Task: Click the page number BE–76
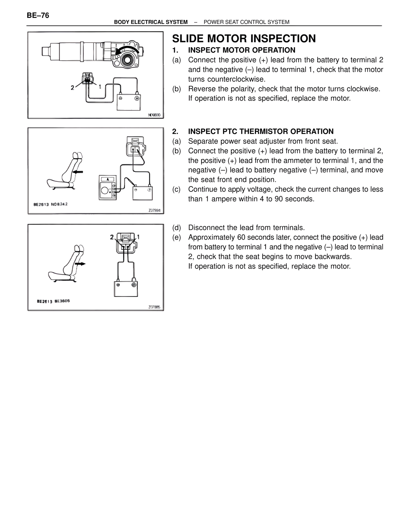(x=38, y=15)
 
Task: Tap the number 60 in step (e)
(x=242, y=237)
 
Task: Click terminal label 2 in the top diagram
(x=73, y=88)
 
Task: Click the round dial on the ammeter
(x=104, y=191)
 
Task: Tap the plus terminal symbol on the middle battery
(x=149, y=190)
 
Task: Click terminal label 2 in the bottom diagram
(x=111, y=237)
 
